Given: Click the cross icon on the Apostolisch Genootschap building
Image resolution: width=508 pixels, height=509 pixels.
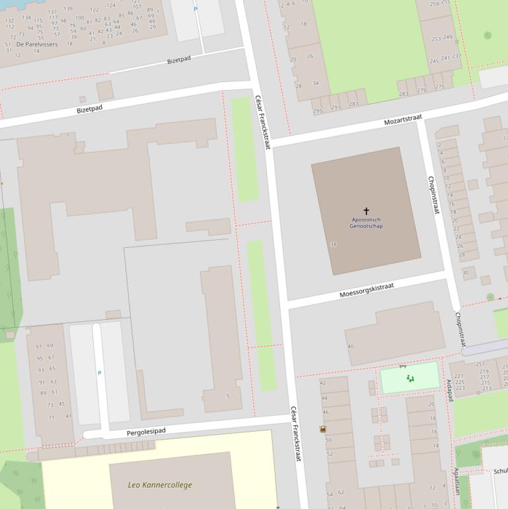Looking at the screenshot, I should click(x=366, y=211).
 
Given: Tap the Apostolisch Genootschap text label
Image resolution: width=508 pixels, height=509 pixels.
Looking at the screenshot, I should click(x=366, y=223).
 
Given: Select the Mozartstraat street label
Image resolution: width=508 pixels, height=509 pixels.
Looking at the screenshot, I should click(x=402, y=120).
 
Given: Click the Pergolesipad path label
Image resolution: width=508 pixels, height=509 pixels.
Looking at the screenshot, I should click(x=145, y=432).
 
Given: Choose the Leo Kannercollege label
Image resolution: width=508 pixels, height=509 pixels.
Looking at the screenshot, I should click(x=160, y=485).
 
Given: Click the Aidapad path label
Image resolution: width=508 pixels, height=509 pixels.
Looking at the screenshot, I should click(x=449, y=390).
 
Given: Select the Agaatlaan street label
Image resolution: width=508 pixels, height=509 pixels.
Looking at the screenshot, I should click(x=456, y=481).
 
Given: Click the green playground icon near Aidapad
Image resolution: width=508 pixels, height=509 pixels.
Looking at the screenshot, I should click(x=410, y=378).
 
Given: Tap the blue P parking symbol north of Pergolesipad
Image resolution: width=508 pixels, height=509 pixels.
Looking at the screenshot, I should click(x=100, y=373).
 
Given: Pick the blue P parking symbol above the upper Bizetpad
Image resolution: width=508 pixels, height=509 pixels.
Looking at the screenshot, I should click(x=195, y=9).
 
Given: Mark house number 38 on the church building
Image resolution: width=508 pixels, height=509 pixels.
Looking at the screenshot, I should click(x=333, y=245).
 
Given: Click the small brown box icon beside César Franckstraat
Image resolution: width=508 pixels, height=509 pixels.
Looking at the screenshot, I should click(x=323, y=429).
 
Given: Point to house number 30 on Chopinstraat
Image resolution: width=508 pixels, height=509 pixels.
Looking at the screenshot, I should click(x=465, y=272).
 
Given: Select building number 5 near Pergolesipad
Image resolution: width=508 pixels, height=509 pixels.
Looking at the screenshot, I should click(x=228, y=396).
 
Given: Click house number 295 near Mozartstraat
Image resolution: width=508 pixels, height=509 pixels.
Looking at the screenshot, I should click(x=317, y=110).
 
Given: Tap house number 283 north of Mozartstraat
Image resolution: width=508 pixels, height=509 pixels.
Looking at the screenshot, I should click(x=403, y=93).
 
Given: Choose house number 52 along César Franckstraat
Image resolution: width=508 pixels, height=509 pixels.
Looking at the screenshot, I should click(x=329, y=454).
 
